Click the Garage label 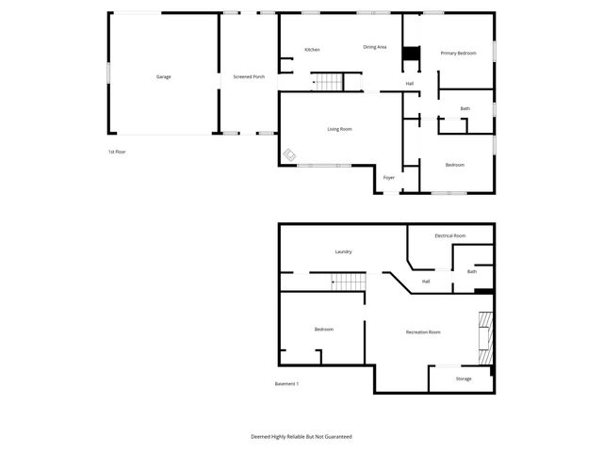(x=163, y=76)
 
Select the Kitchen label (x=312, y=49)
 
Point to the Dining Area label (x=375, y=47)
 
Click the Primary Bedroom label (x=459, y=53)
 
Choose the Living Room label (x=339, y=128)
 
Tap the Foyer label (x=388, y=177)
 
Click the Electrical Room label (x=449, y=235)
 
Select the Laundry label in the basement (x=343, y=251)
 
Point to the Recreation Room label (x=423, y=331)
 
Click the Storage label (x=464, y=379)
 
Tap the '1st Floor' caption (x=116, y=152)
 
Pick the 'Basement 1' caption (x=286, y=383)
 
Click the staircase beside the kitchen (x=327, y=83)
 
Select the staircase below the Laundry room (x=347, y=282)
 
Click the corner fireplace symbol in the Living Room (x=289, y=156)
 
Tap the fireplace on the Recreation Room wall (x=483, y=336)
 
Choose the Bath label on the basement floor (x=472, y=271)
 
